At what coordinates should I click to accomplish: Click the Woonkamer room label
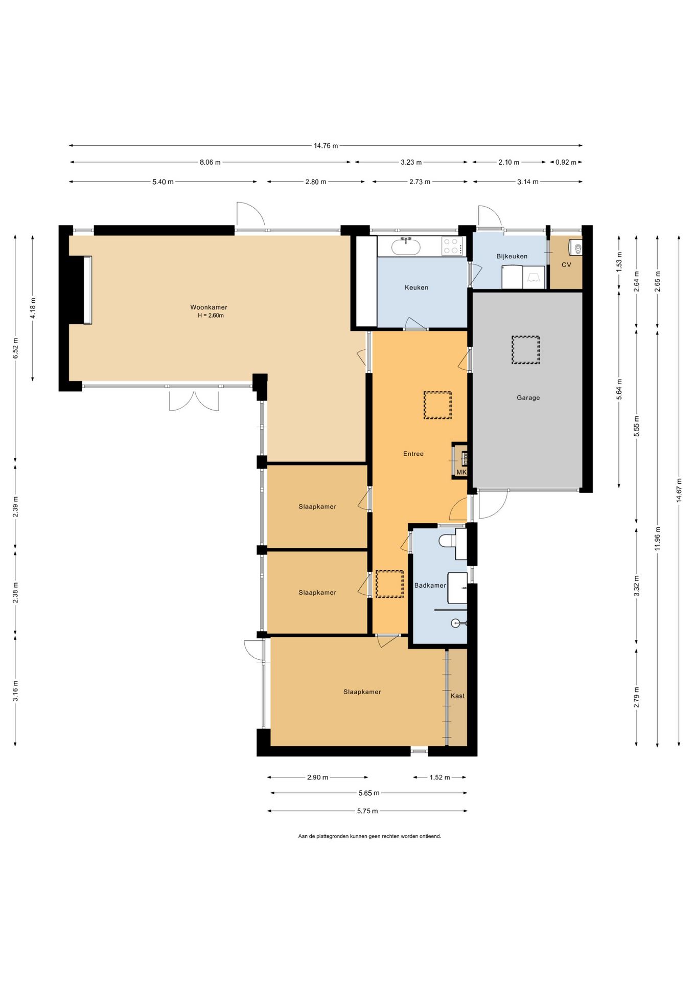209,307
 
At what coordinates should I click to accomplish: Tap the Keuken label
417,287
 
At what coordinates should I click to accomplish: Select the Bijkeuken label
512,256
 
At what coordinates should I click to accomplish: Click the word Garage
528,397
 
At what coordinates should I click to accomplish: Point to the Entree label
413,454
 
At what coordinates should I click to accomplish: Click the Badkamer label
430,585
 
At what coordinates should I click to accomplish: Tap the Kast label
458,696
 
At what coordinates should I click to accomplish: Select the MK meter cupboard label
461,472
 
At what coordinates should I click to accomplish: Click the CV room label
566,264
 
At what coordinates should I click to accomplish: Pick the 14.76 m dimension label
326,146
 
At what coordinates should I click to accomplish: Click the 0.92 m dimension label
566,162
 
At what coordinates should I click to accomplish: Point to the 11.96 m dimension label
658,539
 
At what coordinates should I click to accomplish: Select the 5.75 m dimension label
367,811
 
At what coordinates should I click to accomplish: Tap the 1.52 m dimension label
439,777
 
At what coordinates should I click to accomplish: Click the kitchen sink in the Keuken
406,247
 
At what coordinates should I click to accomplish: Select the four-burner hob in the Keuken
452,246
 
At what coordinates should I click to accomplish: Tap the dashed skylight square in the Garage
525,350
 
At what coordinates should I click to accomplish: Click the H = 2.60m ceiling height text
211,316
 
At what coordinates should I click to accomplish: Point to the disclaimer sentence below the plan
369,836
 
